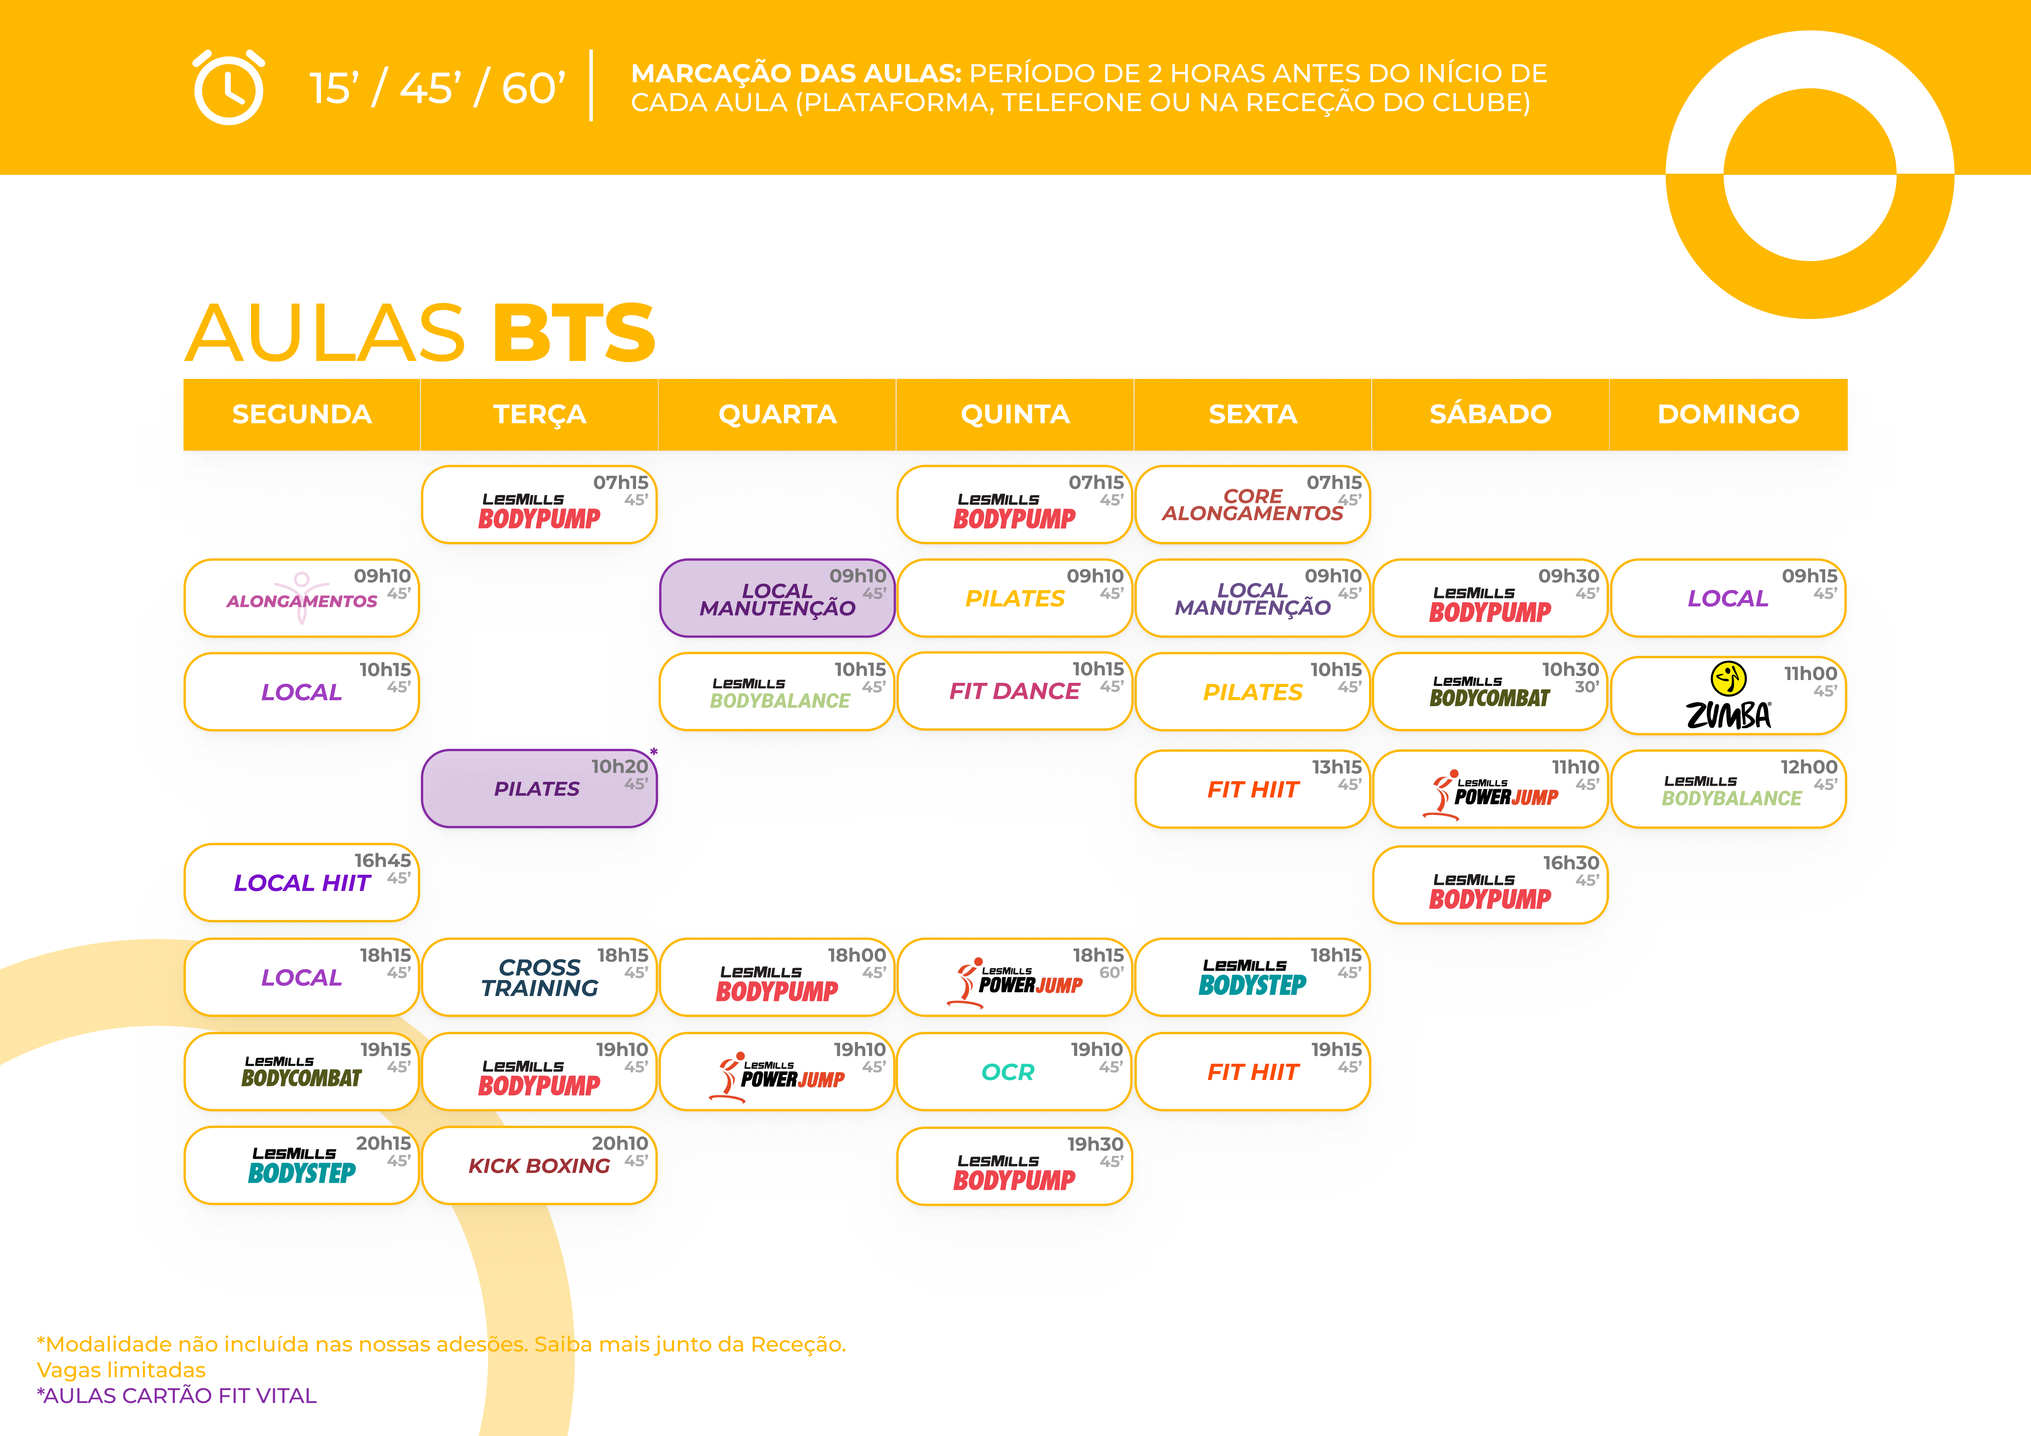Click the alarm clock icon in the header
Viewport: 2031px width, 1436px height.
(228, 88)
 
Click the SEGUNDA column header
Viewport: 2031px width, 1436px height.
(302, 414)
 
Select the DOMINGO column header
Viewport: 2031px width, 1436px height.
(1728, 414)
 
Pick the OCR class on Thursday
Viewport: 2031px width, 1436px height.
(1014, 1072)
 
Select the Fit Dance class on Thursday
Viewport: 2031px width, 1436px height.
(1014, 691)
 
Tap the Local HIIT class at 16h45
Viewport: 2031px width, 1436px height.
(302, 882)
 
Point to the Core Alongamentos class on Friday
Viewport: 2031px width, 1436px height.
(1252, 504)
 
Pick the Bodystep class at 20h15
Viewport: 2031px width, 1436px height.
(302, 1165)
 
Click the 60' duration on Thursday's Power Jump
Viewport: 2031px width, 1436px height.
(1111, 972)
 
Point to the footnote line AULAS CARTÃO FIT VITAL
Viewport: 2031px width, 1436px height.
(177, 1395)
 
